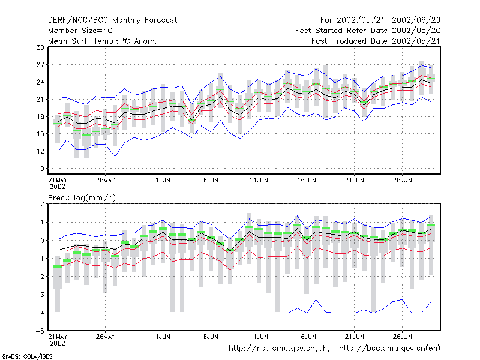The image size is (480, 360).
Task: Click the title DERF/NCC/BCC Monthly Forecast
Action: pyautogui.click(x=112, y=20)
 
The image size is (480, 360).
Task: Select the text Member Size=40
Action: pyautogui.click(x=80, y=31)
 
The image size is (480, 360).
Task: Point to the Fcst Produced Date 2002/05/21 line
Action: pyautogui.click(x=376, y=41)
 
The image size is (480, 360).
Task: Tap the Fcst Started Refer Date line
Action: pyautogui.click(x=368, y=31)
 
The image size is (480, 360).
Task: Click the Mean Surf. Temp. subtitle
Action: pyautogui.click(x=103, y=41)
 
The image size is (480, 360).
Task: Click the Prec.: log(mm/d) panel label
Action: pyautogui.click(x=82, y=198)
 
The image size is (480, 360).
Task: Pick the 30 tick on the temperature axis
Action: pyautogui.click(x=40, y=47)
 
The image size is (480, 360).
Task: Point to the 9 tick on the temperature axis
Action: pyautogui.click(x=42, y=169)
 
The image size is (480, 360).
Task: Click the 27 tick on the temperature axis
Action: pyautogui.click(x=40, y=65)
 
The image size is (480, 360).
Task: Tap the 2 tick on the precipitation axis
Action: pyautogui.click(x=42, y=204)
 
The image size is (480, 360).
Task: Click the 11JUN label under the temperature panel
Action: pyautogui.click(x=259, y=180)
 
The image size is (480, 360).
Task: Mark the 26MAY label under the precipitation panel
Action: pyautogui.click(x=106, y=337)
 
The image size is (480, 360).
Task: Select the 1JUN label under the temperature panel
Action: pyautogui.click(x=163, y=180)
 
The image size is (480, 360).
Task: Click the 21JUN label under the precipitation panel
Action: pyautogui.click(x=355, y=337)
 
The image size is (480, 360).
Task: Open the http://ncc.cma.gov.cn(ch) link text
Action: pyautogui.click(x=279, y=349)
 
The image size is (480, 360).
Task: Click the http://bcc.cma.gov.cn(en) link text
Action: pyautogui.click(x=389, y=349)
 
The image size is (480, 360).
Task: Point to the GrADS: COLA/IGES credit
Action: pyautogui.click(x=27, y=356)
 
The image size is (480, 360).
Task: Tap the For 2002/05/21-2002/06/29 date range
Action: pyautogui.click(x=380, y=20)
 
